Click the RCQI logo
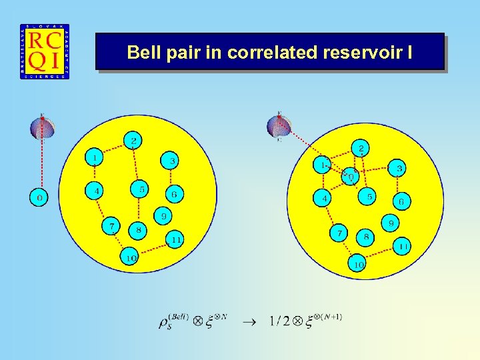45,51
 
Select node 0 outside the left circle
39,197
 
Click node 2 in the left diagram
133,141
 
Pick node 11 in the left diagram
175,239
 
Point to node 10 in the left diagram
129,256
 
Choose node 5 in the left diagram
141,189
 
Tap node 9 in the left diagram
163,216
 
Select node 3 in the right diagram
399,169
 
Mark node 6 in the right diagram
401,201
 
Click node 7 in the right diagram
339,233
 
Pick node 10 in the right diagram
358,264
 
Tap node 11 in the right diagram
402,247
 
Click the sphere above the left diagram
42,127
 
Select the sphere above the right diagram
279,125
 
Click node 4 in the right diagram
323,198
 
